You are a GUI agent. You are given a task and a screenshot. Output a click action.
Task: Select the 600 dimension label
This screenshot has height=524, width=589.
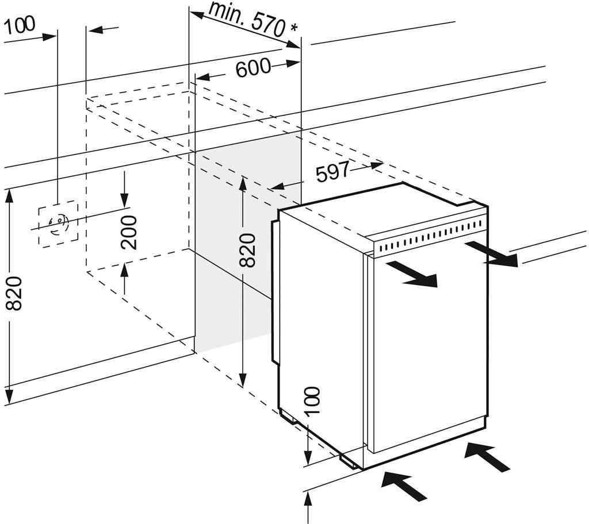pyautogui.click(x=253, y=68)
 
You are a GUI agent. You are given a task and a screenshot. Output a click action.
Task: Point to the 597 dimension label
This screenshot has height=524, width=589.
pyautogui.click(x=333, y=172)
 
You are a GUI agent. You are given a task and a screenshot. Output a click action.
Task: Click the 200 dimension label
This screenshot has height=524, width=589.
pyautogui.click(x=130, y=232)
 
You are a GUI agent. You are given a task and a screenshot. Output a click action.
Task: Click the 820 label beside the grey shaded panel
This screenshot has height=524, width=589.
pyautogui.click(x=246, y=250)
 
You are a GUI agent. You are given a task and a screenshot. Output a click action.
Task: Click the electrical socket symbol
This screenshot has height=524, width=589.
pyautogui.click(x=58, y=223)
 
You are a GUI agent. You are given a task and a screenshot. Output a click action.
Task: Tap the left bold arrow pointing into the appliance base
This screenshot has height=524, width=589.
pyautogui.click(x=405, y=486)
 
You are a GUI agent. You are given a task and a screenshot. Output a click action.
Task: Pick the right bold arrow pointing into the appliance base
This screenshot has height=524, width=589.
pyautogui.click(x=487, y=456)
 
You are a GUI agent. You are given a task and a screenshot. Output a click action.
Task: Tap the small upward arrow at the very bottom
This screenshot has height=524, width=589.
pyautogui.click(x=309, y=508)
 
